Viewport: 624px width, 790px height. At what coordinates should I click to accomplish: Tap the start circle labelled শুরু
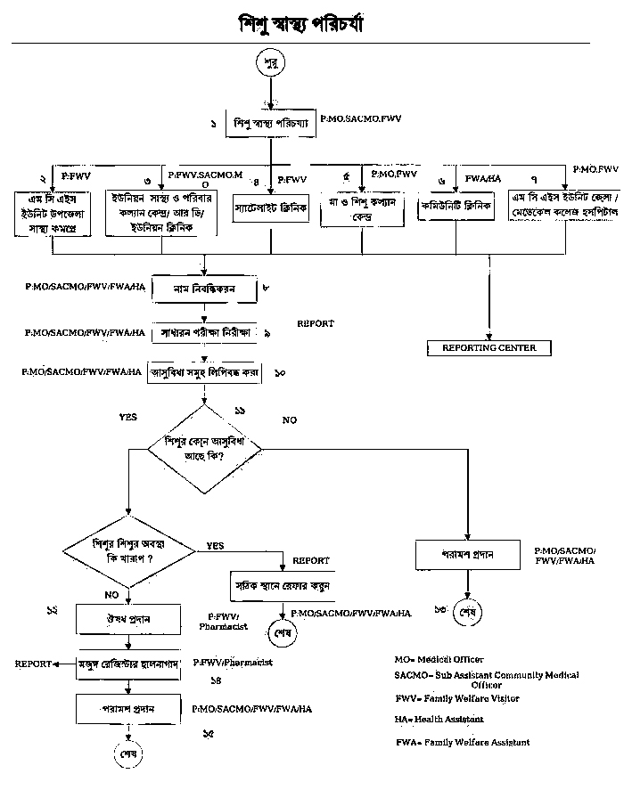tap(270, 63)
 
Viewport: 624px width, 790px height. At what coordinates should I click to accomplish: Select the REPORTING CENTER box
tap(489, 347)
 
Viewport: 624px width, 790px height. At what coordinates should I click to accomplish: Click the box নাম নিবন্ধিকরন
tap(205, 289)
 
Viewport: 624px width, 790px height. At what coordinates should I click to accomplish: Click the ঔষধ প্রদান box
tap(129, 618)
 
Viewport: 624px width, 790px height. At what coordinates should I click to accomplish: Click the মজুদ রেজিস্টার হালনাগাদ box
tap(130, 664)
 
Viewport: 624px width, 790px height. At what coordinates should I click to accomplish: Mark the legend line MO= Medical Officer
tap(439, 660)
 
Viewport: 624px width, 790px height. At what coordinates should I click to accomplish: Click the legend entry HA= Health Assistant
tap(439, 719)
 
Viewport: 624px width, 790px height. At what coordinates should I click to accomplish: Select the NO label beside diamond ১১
tap(290, 419)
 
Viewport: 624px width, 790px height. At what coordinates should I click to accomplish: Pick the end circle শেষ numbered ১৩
tap(466, 614)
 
